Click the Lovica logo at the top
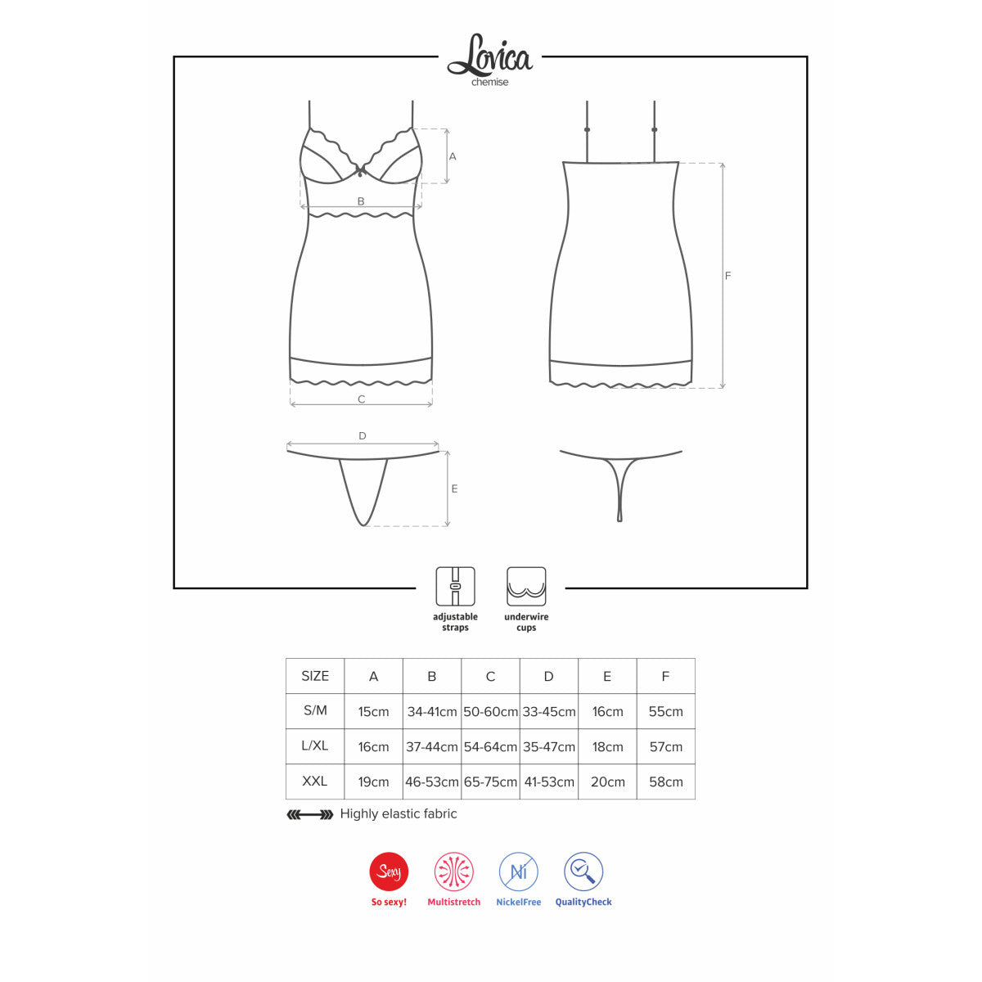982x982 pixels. tap(489, 56)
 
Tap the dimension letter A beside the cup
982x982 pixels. tap(452, 157)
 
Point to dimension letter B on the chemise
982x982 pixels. tap(361, 201)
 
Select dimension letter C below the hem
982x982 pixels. tap(362, 399)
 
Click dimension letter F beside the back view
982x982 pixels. tap(727, 276)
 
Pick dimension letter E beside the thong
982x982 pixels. tap(454, 489)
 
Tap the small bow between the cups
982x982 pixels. tap(362, 169)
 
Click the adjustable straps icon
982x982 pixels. tap(455, 586)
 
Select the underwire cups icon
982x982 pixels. tap(526, 586)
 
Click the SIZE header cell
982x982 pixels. tap(315, 676)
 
